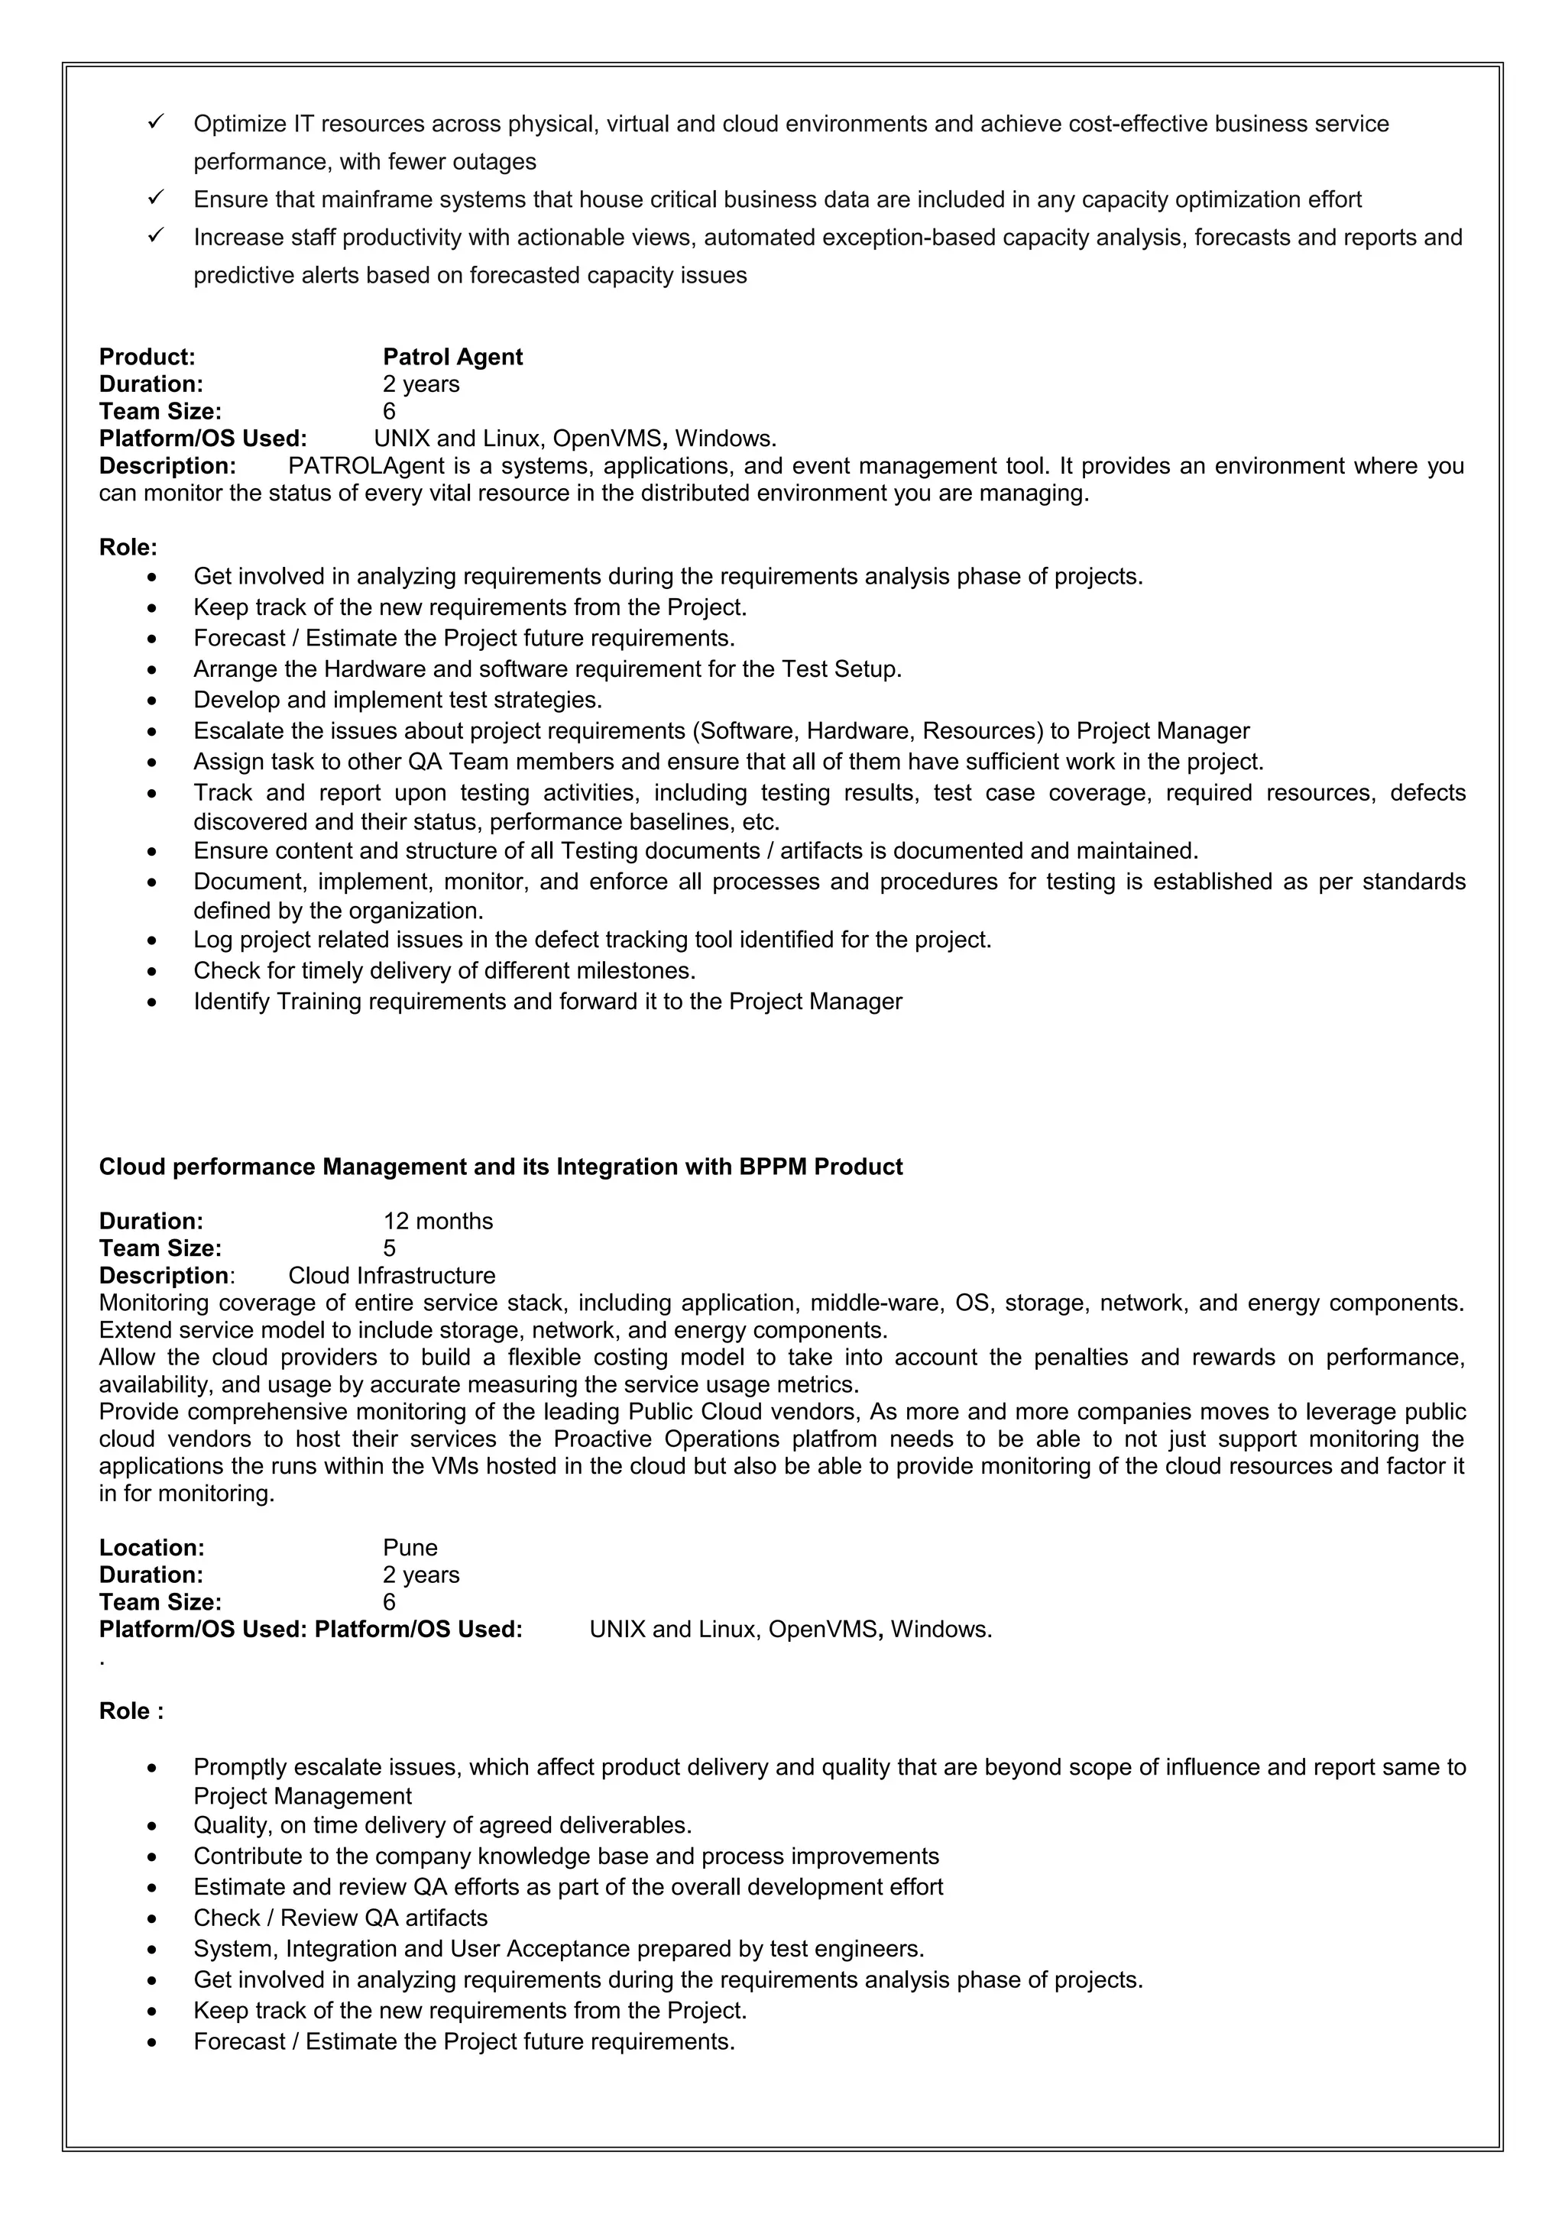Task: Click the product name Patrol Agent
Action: pos(452,357)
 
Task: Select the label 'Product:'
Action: pos(147,357)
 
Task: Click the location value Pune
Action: pos(410,1548)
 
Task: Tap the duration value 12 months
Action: pos(438,1221)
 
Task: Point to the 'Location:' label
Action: pos(151,1548)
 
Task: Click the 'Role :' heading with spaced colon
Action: pos(131,1711)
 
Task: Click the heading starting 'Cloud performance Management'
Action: pos(501,1167)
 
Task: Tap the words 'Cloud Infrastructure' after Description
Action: pos(391,1276)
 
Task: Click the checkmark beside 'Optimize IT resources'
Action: pos(155,121)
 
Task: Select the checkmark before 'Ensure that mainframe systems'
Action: pos(155,198)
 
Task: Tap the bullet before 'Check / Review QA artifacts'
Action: pos(151,1919)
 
